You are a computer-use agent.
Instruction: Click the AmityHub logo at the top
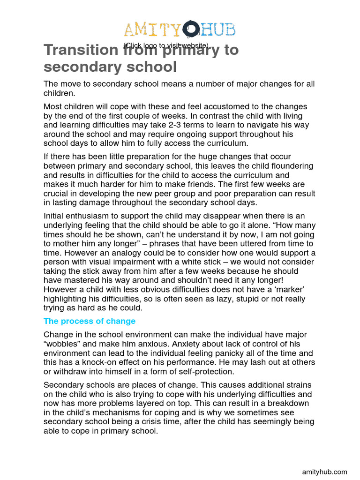tap(180, 30)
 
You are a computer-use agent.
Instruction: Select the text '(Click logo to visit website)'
tap(166, 45)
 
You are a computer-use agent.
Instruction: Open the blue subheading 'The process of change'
tap(90, 321)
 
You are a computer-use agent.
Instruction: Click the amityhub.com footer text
tap(324, 472)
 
